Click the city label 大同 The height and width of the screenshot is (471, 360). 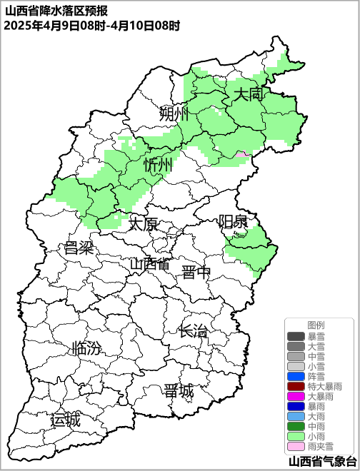(x=249, y=93)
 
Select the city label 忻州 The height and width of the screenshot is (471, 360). (x=158, y=166)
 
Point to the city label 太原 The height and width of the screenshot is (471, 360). (x=143, y=224)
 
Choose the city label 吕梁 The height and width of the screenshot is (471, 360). (x=79, y=248)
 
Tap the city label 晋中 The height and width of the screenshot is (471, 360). (x=196, y=272)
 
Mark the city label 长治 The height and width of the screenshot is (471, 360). (x=193, y=331)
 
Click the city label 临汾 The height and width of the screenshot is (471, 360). (x=87, y=349)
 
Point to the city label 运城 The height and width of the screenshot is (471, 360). (x=66, y=420)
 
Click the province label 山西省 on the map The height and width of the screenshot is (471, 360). (x=150, y=263)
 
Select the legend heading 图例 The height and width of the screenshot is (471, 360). (x=316, y=325)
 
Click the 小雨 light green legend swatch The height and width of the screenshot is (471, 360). (x=296, y=436)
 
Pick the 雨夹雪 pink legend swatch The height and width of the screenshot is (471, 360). (x=296, y=446)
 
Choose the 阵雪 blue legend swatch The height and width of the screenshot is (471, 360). (x=296, y=376)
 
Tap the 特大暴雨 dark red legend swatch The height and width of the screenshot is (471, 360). (x=296, y=386)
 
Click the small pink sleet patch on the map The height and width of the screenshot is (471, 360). (x=243, y=154)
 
